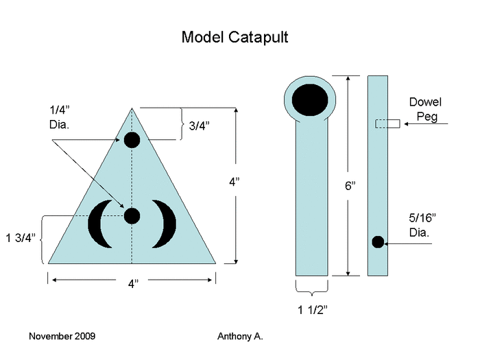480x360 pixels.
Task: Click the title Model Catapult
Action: pos(235,37)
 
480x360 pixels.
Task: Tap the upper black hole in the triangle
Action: pos(132,141)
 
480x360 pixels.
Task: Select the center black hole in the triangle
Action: pos(132,216)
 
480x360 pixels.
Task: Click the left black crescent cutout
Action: pos(99,224)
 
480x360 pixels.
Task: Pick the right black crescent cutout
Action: pos(165,224)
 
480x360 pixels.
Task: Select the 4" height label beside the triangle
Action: pos(235,182)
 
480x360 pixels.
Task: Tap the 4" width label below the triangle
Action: pos(132,285)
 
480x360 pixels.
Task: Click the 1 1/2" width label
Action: pos(313,310)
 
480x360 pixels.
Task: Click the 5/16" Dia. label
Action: pos(422,225)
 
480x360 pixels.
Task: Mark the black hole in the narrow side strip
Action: pos(377,241)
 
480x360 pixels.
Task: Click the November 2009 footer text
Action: pos(62,337)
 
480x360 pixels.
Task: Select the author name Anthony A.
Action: pos(240,337)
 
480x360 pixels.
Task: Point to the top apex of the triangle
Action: pos(132,108)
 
